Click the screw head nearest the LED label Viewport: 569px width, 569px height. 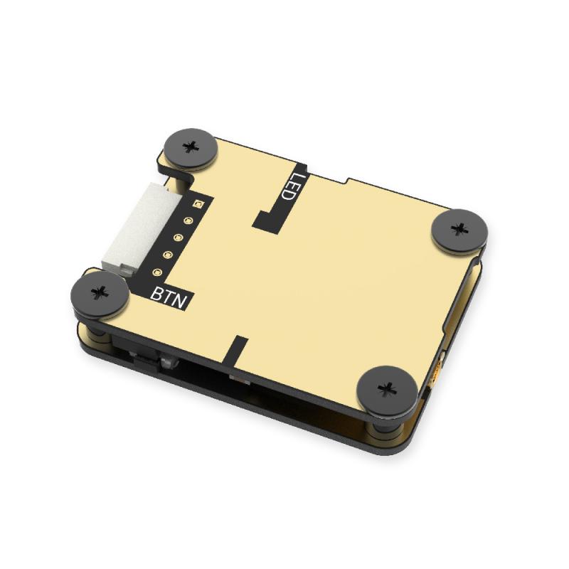(190, 147)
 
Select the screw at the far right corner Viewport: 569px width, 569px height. (459, 230)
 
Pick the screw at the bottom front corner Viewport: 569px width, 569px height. (387, 388)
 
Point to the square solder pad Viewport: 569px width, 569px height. (197, 205)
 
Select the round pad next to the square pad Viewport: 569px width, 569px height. (188, 221)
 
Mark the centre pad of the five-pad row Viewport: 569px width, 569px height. (178, 238)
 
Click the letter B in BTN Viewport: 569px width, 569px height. (159, 293)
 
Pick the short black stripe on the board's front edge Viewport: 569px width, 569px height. (240, 349)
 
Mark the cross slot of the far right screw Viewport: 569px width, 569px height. (459, 230)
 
